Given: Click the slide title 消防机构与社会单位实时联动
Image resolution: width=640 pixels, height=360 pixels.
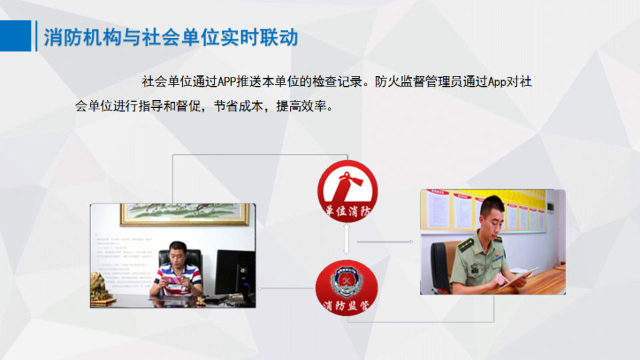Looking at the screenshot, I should click(171, 37).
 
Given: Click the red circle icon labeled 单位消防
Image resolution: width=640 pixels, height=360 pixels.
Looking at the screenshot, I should click(347, 191).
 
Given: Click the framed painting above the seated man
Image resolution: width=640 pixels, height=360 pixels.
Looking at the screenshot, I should click(184, 214).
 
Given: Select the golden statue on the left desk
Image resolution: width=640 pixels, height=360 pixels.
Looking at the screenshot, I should click(103, 288).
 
